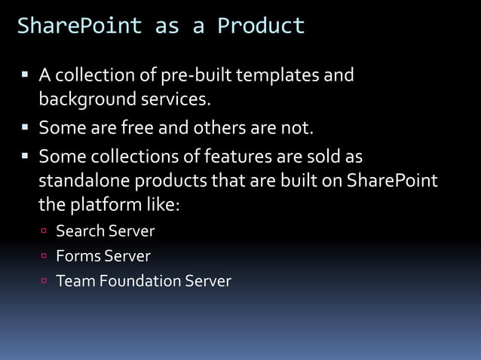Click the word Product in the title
[x=261, y=26]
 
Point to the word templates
[x=279, y=76]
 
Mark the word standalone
[x=84, y=182]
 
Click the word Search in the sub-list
[x=79, y=231]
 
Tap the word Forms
[x=78, y=256]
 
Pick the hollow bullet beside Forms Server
[x=44, y=257]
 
